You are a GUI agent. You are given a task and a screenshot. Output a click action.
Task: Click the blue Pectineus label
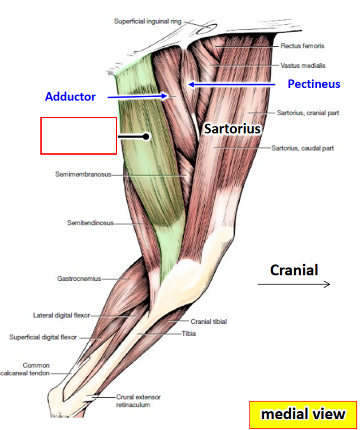click(313, 84)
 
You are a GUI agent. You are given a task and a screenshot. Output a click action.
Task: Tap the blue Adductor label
click(70, 97)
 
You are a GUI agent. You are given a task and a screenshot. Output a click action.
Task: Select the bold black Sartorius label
click(232, 129)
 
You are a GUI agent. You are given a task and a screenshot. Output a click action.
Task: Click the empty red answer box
click(79, 136)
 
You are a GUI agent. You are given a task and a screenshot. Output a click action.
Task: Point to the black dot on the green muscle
click(146, 137)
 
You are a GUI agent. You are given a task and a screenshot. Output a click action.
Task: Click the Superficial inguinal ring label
click(148, 21)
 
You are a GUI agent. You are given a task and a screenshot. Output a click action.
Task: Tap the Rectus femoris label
click(302, 46)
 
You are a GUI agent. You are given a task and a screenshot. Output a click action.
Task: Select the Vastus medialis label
click(303, 65)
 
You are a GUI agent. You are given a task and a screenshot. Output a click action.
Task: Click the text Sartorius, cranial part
click(308, 113)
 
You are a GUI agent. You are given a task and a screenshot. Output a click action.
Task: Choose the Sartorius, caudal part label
click(302, 148)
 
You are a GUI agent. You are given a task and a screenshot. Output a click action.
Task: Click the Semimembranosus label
click(83, 175)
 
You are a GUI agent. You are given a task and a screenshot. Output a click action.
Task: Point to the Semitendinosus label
click(90, 223)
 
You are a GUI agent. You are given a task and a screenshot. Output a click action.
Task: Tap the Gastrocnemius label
click(79, 279)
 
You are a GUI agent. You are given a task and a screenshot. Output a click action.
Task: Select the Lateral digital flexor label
click(62, 315)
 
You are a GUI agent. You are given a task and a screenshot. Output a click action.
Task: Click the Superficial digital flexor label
click(43, 337)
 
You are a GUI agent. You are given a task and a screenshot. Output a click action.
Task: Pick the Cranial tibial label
click(209, 321)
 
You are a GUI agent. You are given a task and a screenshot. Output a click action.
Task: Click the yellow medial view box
click(303, 414)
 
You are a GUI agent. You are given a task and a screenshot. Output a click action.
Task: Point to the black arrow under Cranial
click(293, 285)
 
